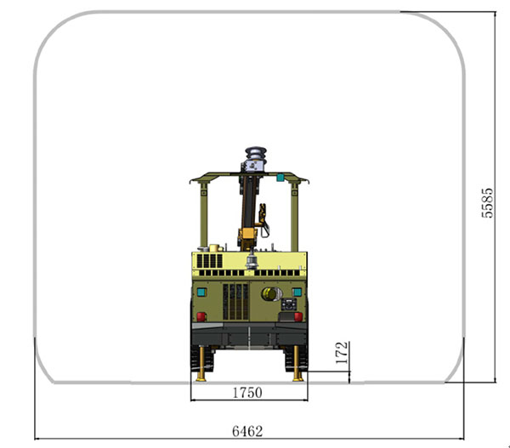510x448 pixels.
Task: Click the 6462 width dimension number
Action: [x=247, y=431]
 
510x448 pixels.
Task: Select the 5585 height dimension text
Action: [x=487, y=202]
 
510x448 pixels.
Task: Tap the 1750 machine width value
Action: [x=247, y=393]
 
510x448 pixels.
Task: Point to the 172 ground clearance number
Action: [x=342, y=353]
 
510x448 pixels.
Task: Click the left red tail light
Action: [x=201, y=316]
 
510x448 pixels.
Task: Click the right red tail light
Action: [x=298, y=316]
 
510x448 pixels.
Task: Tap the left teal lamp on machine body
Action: [x=201, y=292]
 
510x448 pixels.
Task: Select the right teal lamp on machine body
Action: [x=297, y=292]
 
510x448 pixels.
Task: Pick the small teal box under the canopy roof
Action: [x=280, y=178]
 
